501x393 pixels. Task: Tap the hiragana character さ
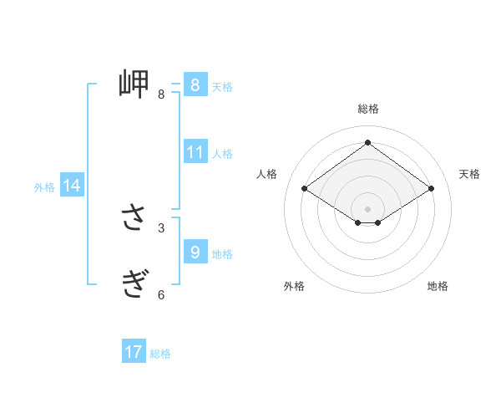(x=134, y=219)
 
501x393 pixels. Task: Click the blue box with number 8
(x=195, y=85)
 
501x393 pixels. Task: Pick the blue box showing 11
(x=195, y=152)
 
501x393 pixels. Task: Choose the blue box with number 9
(x=195, y=252)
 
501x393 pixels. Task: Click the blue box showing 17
(x=134, y=352)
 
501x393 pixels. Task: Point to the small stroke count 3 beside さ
(x=161, y=227)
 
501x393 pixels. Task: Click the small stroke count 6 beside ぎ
(x=161, y=294)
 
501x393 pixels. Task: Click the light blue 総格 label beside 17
(x=160, y=354)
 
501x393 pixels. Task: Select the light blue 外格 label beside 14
(x=44, y=187)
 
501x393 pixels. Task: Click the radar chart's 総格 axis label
(x=367, y=109)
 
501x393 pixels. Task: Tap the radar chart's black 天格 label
(x=469, y=174)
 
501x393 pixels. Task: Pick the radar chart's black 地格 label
(x=438, y=286)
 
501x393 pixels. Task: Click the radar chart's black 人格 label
(x=266, y=174)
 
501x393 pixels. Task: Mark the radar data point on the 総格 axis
(x=367, y=142)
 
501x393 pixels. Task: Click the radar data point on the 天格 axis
(x=431, y=189)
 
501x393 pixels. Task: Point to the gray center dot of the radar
(x=367, y=208)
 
